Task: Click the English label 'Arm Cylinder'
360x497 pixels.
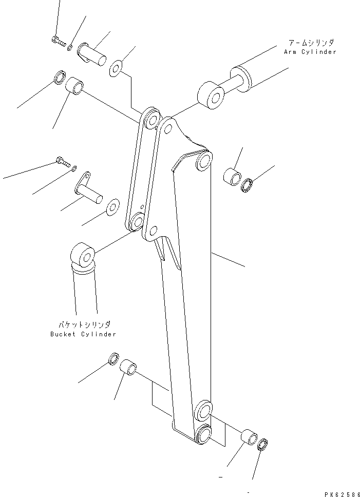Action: (x=310, y=52)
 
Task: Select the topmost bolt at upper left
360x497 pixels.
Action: (x=58, y=42)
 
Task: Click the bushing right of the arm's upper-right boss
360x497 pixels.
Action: (x=231, y=176)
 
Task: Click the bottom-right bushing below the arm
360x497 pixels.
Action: (x=250, y=436)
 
